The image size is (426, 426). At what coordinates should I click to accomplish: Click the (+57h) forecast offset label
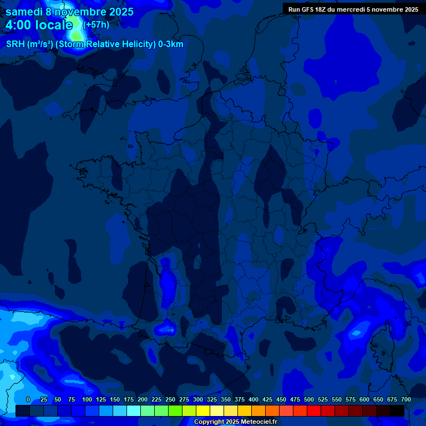pos(96,25)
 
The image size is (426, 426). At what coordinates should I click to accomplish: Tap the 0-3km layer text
pos(171,44)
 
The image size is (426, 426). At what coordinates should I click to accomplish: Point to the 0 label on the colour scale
pos(28,399)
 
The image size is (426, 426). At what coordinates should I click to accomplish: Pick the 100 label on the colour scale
pos(87,399)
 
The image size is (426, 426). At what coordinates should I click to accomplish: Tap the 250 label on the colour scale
pos(170,399)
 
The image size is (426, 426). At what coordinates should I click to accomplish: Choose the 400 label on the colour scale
pos(253,399)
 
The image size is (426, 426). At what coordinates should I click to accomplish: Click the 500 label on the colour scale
pos(309,399)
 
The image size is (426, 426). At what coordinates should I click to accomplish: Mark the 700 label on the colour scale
pos(406,399)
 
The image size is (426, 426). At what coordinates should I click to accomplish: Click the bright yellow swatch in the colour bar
pos(203,410)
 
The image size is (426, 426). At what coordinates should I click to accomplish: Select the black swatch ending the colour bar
pos(397,410)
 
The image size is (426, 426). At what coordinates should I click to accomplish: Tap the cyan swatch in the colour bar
pos(134,410)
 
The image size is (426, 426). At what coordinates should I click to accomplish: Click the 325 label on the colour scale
pos(212,399)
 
